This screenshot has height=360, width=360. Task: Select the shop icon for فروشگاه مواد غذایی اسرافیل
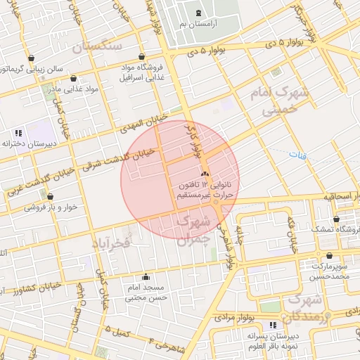click(x=142, y=57)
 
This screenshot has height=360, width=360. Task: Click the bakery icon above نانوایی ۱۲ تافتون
click(x=205, y=173)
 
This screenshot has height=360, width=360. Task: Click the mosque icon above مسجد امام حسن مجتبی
click(x=146, y=276)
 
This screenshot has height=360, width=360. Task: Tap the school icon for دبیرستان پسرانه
click(x=272, y=324)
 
